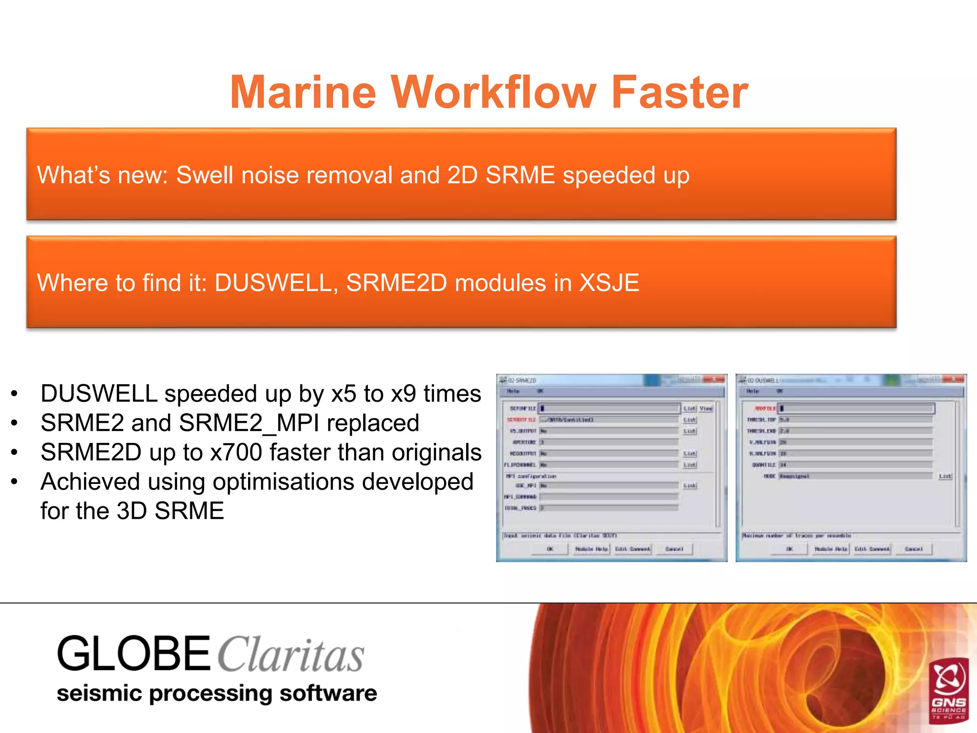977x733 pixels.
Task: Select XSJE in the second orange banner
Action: coord(609,283)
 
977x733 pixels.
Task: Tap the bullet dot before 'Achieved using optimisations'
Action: coord(15,482)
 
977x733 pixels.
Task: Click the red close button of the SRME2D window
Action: coord(715,379)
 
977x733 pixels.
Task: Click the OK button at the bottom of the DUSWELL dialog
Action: coord(790,549)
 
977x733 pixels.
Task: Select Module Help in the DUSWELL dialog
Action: coord(831,549)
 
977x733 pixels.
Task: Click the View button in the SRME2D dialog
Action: coord(706,408)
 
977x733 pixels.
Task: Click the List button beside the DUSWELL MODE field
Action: coord(945,476)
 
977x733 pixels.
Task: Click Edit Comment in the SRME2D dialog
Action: coord(633,549)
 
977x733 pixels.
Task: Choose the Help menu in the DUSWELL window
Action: coord(753,391)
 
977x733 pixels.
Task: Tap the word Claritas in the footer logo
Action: coord(291,655)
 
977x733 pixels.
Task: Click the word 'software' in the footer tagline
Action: coord(328,693)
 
